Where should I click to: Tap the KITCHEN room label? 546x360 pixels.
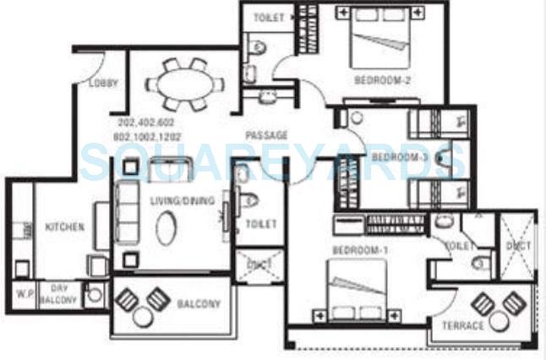[64, 227]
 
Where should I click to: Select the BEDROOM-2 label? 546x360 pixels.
[382, 80]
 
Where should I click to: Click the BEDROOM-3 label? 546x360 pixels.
[401, 157]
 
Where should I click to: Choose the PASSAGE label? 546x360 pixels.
[266, 135]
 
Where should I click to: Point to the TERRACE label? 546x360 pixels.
[462, 325]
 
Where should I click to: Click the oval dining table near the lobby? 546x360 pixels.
[184, 84]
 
